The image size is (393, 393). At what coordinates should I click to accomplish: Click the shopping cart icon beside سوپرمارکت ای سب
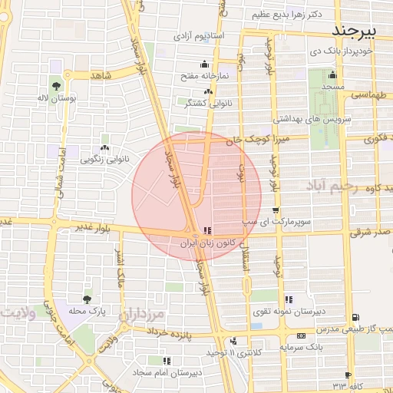[276, 210]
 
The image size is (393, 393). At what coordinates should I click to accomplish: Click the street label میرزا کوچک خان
[263, 140]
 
